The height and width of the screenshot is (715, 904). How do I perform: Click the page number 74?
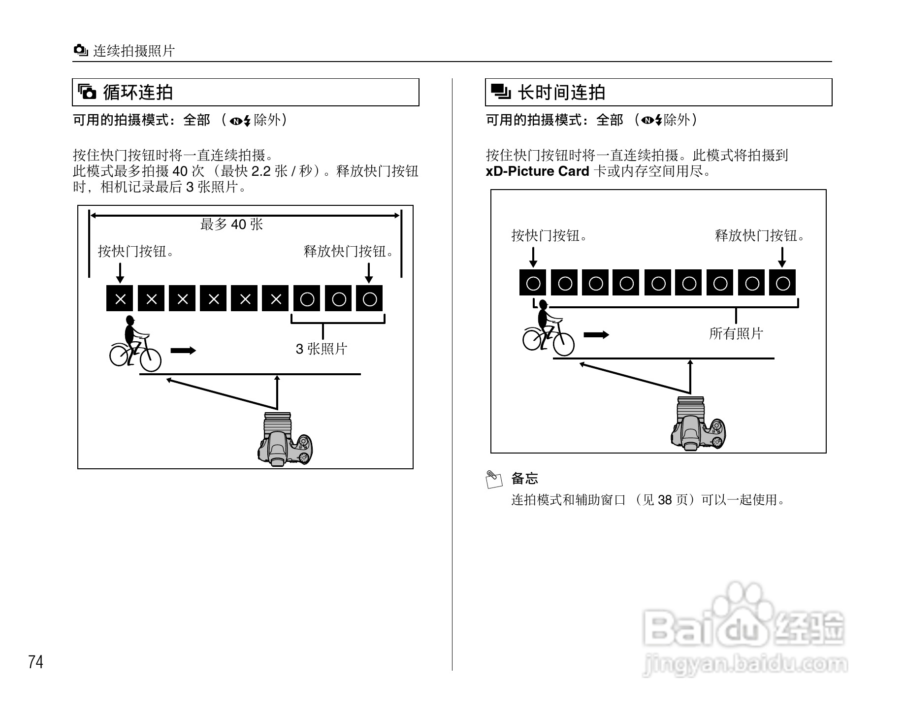36,662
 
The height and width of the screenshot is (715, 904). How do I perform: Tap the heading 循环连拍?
137,92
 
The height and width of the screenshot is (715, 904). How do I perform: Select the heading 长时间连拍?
561,92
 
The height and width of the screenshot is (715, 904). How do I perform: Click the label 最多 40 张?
231,225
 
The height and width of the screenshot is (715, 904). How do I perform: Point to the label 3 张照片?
322,349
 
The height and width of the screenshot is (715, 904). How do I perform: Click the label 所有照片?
736,333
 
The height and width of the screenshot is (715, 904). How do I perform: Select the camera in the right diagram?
698,424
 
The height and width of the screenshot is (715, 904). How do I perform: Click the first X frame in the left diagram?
120,299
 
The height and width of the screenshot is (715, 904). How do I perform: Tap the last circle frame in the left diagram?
369,299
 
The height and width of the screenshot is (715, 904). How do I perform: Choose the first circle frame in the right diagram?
533,283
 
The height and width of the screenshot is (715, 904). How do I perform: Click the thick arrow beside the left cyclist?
183,351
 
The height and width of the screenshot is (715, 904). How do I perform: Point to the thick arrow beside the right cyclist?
596,335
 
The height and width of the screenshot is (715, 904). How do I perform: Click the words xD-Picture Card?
537,171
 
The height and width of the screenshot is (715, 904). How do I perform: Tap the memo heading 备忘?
524,478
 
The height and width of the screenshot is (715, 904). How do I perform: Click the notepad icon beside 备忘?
494,479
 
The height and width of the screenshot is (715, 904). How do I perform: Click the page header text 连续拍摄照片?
134,51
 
